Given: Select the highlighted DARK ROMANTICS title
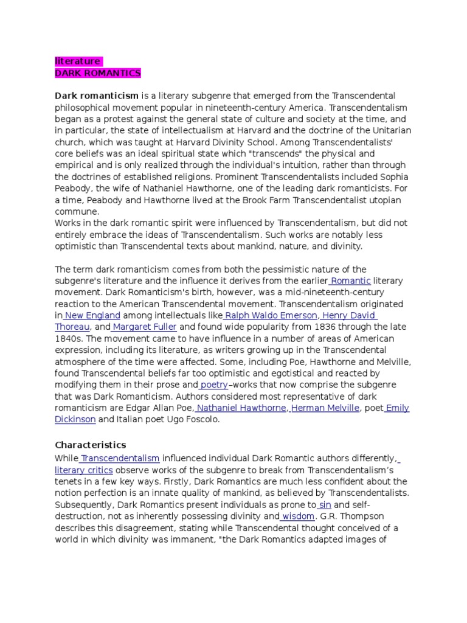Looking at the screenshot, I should click(x=97, y=73).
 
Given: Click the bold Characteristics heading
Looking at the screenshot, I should click(x=90, y=445).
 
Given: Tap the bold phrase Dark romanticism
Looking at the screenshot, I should click(x=97, y=96).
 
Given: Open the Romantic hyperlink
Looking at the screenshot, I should click(x=351, y=280).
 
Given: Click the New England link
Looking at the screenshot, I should click(x=92, y=315).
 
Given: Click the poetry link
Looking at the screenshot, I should click(x=214, y=385).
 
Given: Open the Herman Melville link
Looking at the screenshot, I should click(x=325, y=408).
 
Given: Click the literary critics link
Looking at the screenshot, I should click(x=84, y=470).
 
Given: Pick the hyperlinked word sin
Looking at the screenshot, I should click(x=325, y=505).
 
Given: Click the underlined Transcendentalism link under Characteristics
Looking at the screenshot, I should click(x=120, y=459).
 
